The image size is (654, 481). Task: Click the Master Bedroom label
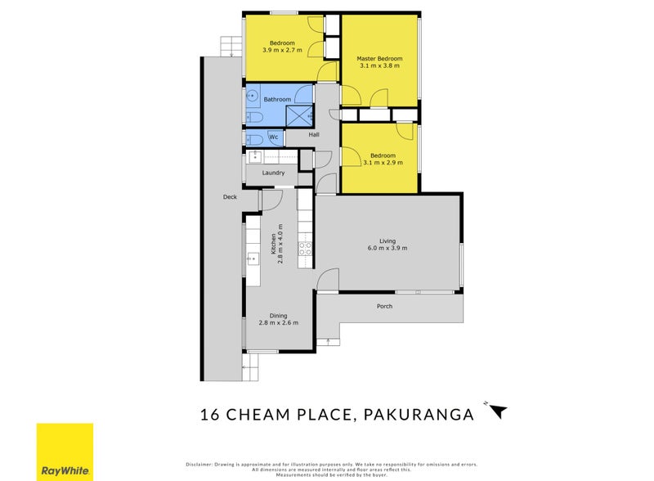(379, 58)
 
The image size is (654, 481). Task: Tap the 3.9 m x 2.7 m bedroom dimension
(282, 51)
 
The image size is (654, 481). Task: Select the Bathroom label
(277, 100)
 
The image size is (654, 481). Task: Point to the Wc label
(273, 137)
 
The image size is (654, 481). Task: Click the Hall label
(314, 135)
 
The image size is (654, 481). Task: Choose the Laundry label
(273, 173)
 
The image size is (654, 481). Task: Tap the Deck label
(230, 197)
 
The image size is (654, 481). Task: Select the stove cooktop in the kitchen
(305, 249)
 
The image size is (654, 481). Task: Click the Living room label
(387, 241)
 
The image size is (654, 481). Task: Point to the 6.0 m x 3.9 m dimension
(387, 249)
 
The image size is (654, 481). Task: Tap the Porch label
(384, 307)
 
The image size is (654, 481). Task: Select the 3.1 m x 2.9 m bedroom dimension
(382, 163)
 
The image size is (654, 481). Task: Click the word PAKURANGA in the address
(416, 415)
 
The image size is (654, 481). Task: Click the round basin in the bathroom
(253, 97)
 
